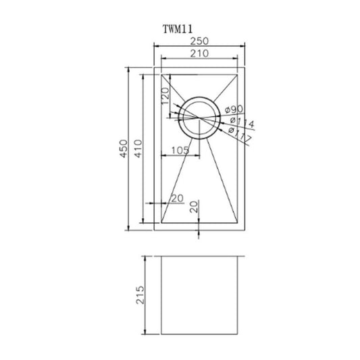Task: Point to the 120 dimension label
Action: [165, 101]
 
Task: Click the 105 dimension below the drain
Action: [180, 149]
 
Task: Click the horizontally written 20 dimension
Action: [178, 199]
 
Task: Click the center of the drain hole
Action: [197, 117]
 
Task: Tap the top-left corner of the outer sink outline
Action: [155, 67]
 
